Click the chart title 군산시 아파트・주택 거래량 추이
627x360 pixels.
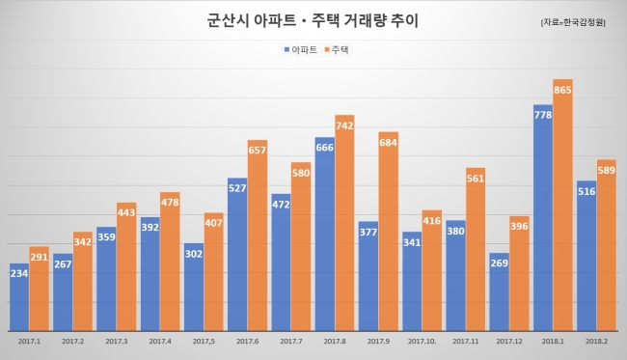pos(313,20)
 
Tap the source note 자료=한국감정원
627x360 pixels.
pos(573,22)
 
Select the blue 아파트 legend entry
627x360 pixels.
pos(300,49)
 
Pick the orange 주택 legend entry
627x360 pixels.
pos(337,49)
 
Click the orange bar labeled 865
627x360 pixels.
pos(562,205)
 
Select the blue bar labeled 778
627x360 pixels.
pos(543,218)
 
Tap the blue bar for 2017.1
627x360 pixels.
pos(19,297)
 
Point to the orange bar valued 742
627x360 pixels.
pos(344,223)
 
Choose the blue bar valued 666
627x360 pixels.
pos(325,234)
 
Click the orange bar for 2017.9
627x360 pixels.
pos(389,232)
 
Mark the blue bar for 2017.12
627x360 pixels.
pos(500,292)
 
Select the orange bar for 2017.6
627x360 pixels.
pos(258,235)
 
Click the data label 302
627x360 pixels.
pos(194,254)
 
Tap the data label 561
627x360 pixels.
pos(476,179)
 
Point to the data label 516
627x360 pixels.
pos(586,192)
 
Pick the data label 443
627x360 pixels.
pos(126,212)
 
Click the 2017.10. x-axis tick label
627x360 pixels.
pos(422,342)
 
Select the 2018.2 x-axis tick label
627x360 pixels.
pos(596,342)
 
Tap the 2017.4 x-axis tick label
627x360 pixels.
pos(160,342)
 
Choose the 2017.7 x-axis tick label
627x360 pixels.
pos(291,342)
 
